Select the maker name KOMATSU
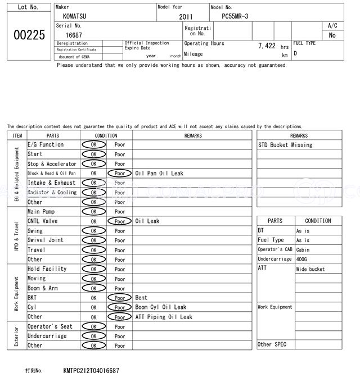pos(75,17)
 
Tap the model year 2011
pos(186,17)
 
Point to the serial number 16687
pos(74,35)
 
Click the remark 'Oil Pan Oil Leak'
pos(159,174)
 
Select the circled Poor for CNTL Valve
pos(119,221)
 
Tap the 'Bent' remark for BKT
pos(141,298)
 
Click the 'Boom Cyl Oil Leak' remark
pos(160,307)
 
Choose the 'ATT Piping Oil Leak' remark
pos(163,317)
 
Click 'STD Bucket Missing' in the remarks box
pos(285,145)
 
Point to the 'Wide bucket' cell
pos(310,269)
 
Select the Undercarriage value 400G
pos(303,260)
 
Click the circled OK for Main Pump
pos(93,212)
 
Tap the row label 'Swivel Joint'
pos(46,240)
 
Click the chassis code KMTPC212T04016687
pos(91,371)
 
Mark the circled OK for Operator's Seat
pos(93,326)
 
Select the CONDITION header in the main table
pos(106,135)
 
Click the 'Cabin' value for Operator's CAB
pos(303,250)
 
